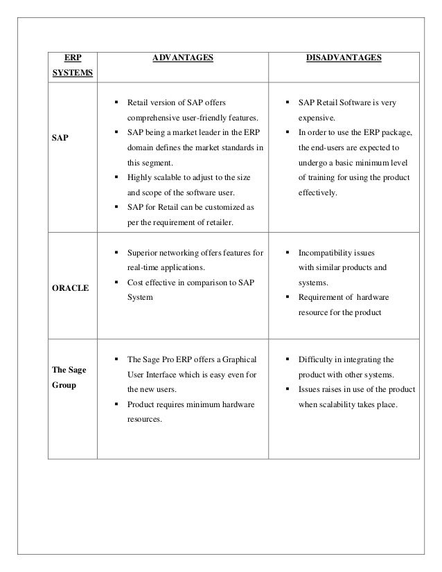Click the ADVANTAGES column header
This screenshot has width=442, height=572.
click(x=183, y=59)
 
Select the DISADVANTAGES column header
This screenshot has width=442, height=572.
click(x=344, y=59)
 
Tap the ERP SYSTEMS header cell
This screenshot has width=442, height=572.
click(x=72, y=66)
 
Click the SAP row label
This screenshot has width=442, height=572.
click(x=60, y=138)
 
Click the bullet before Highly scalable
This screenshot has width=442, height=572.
click(x=116, y=177)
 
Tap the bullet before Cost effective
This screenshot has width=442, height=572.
click(x=116, y=283)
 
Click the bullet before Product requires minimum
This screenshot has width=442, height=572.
click(x=116, y=404)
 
